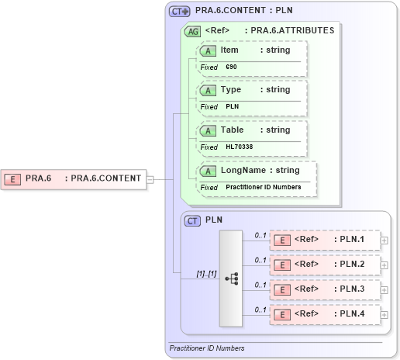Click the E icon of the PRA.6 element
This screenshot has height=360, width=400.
click(12, 178)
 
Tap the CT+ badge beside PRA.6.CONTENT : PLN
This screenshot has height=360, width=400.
click(180, 12)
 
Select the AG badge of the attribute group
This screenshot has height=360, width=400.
click(191, 31)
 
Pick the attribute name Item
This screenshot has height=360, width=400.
click(229, 50)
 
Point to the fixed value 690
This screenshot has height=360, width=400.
click(231, 67)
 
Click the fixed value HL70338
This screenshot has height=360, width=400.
click(239, 147)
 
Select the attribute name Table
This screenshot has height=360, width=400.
click(233, 130)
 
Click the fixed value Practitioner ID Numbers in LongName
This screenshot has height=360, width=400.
click(264, 187)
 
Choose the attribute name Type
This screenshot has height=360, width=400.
click(231, 90)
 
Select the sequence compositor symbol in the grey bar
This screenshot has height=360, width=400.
click(231, 279)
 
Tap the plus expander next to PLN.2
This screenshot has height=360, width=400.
click(384, 265)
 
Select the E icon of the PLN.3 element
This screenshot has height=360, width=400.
click(284, 289)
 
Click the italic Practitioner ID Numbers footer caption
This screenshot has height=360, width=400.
click(207, 348)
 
